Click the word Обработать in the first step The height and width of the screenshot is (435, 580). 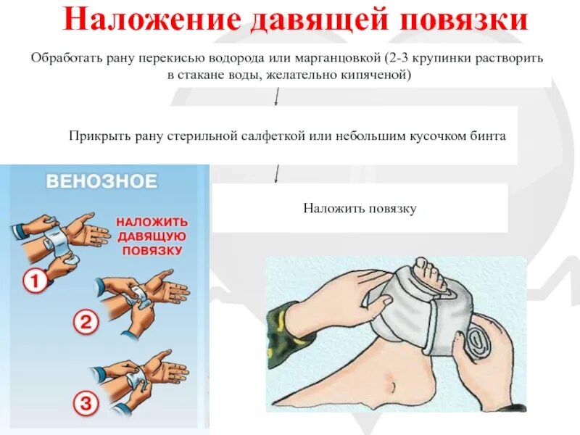(64, 57)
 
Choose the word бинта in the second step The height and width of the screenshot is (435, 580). (489, 136)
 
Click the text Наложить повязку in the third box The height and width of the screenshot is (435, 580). (360, 208)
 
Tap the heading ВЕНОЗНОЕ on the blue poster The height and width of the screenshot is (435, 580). (101, 181)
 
